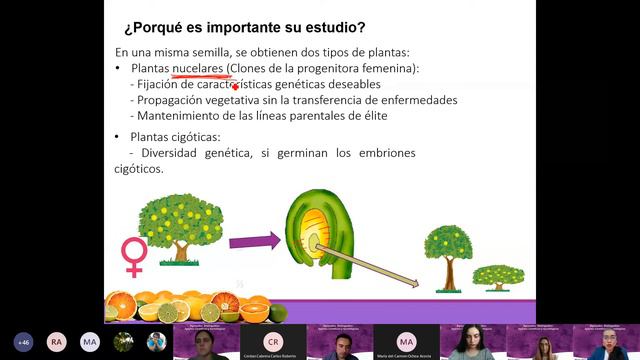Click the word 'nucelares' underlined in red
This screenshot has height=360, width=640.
click(197, 68)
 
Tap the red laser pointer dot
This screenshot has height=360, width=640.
click(234, 87)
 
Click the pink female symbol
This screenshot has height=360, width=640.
click(133, 256)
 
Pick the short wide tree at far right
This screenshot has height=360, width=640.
click(497, 276)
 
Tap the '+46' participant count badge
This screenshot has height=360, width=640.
click(23, 341)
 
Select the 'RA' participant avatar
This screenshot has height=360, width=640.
click(57, 341)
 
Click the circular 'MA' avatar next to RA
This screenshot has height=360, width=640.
click(90, 341)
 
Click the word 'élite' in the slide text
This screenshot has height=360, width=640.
click(371, 116)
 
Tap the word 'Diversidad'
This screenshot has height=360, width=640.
click(176, 153)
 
